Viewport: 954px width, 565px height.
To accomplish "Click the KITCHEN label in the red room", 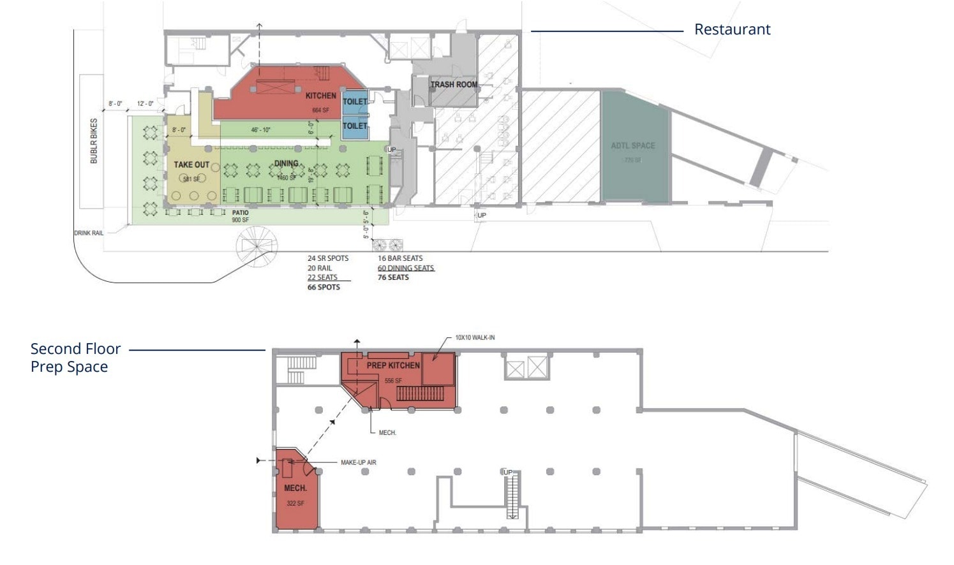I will pos(320,96).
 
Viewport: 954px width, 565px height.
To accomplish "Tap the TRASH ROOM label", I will pos(454,84).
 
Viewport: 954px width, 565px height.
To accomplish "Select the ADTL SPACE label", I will pos(632,145).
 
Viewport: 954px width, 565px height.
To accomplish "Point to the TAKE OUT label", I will pos(191,165).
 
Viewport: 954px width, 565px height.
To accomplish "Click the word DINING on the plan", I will pos(286,163).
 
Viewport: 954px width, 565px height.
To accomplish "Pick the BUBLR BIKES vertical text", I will pos(94,141).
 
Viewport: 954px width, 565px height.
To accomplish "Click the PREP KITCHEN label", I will pos(393,365).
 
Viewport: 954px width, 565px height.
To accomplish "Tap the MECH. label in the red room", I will pos(295,488).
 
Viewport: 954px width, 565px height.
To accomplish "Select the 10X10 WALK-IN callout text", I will pos(475,337).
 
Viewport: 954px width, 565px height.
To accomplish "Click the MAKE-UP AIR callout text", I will pos(358,462).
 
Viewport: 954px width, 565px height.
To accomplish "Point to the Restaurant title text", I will pos(732,29).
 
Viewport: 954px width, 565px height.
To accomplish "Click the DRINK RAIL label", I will pos(89,233).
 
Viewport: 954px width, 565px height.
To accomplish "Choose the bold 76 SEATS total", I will pos(393,277).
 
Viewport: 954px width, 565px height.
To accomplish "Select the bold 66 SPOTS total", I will pos(324,287).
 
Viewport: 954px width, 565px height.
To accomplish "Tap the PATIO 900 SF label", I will pos(241,216).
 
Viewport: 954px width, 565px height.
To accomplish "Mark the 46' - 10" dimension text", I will pos(260,130).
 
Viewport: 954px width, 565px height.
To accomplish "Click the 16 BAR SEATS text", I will pos(400,258).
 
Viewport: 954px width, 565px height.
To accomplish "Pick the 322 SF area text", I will pos(295,503).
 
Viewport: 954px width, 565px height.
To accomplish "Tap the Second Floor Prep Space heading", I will pos(75,358).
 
